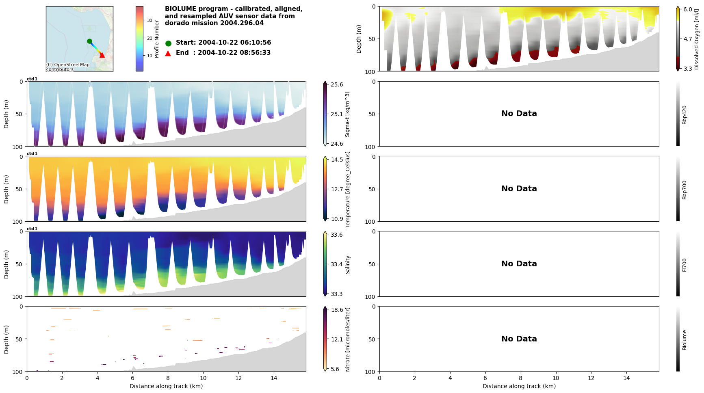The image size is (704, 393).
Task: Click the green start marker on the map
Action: pyautogui.click(x=89, y=41)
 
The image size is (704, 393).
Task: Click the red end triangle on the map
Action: pyautogui.click(x=102, y=55)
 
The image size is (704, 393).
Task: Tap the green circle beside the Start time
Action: pyautogui.click(x=168, y=43)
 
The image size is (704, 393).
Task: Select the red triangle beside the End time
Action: pyautogui.click(x=168, y=53)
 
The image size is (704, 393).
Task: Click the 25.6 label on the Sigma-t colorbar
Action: pyautogui.click(x=337, y=84)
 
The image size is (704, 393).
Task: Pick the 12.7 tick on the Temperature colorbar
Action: pyautogui.click(x=337, y=189)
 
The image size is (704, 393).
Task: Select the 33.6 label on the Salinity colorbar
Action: pyautogui.click(x=337, y=235)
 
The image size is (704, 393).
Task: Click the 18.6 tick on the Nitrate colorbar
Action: pyautogui.click(x=337, y=310)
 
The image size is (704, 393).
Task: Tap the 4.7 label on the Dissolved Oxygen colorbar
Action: pyautogui.click(x=687, y=39)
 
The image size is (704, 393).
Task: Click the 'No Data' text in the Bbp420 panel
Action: pyautogui.click(x=519, y=114)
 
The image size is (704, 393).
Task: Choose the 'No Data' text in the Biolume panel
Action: pyautogui.click(x=519, y=339)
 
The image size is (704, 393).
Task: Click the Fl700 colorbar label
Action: pyautogui.click(x=685, y=265)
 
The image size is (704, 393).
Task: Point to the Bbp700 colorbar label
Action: pyautogui.click(x=685, y=190)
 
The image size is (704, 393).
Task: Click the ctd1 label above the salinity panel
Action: pyautogui.click(x=32, y=229)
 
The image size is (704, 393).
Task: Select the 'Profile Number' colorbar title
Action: pyautogui.click(x=157, y=39)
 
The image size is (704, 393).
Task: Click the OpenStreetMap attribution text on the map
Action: pyautogui.click(x=67, y=67)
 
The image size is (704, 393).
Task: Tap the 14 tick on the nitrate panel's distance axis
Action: pyautogui.click(x=274, y=378)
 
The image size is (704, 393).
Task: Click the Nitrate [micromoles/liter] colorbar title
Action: pyautogui.click(x=348, y=339)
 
